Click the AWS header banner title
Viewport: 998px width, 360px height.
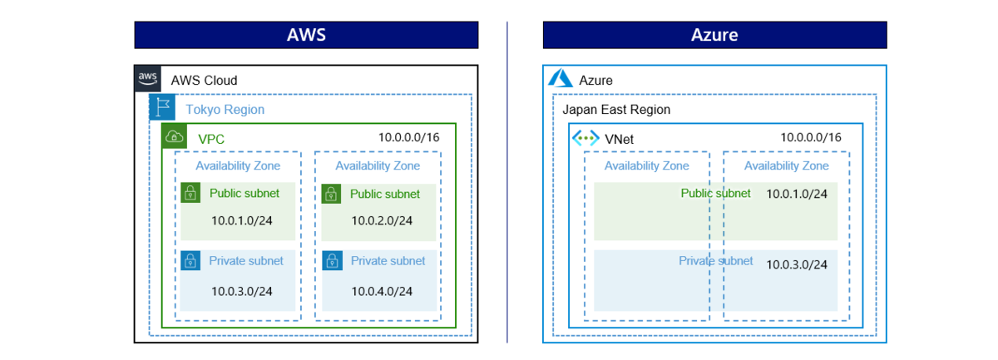[307, 35]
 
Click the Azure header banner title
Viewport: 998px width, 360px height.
[714, 35]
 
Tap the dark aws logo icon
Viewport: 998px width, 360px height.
[147, 78]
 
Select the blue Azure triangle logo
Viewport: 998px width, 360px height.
[560, 78]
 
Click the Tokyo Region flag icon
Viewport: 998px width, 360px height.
[162, 107]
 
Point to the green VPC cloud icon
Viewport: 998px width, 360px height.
[174, 136]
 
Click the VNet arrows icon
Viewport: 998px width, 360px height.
[585, 138]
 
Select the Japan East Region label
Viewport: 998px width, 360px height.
[616, 110]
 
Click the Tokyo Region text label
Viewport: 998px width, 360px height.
[225, 110]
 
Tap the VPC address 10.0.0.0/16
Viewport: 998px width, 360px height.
[409, 137]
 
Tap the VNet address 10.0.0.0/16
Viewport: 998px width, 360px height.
[811, 137]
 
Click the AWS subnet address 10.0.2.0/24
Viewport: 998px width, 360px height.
[382, 220]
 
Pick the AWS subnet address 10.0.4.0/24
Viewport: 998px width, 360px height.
[382, 291]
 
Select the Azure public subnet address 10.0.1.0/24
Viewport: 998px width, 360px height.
[797, 194]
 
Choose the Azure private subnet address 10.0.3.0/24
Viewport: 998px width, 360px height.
[797, 264]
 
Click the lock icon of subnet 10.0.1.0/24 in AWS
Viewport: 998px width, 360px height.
[190, 193]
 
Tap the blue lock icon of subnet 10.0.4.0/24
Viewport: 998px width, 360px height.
[333, 260]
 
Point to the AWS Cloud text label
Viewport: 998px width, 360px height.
[204, 81]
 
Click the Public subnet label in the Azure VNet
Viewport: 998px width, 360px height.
[715, 194]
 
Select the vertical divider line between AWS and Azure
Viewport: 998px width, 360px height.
[507, 182]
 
